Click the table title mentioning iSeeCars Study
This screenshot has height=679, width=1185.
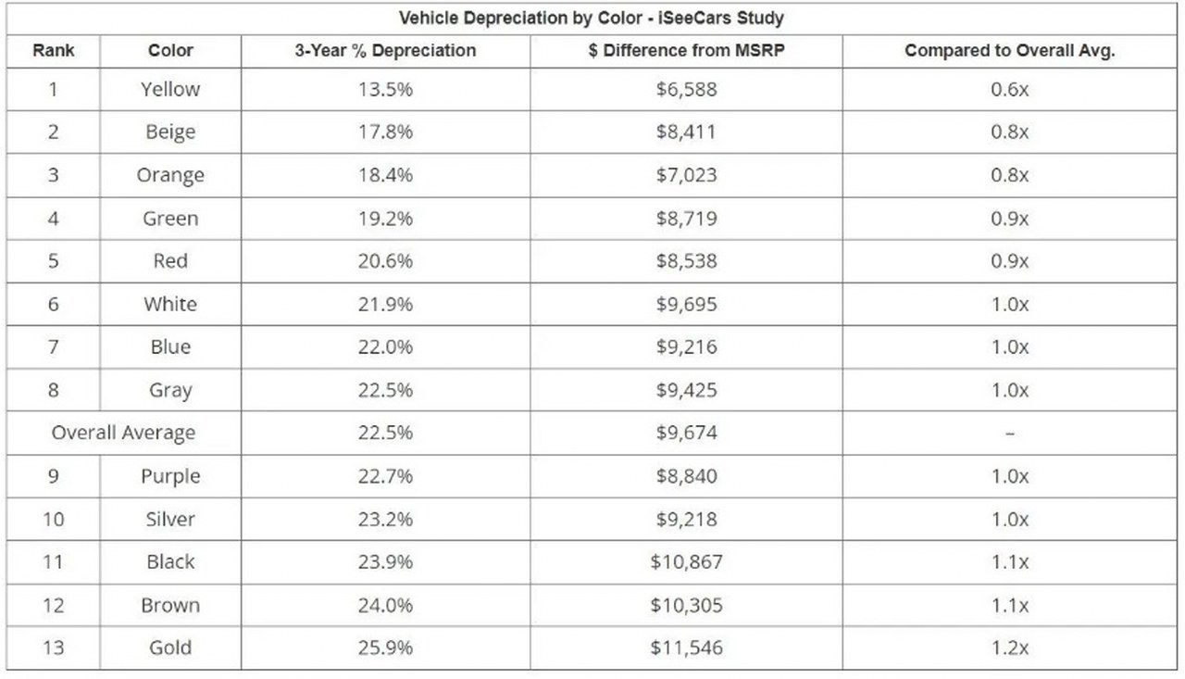[591, 18]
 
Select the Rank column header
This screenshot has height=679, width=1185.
[54, 51]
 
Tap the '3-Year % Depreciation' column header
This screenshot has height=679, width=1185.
[385, 51]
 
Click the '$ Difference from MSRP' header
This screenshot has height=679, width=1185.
[686, 51]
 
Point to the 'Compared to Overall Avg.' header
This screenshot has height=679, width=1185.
[1009, 51]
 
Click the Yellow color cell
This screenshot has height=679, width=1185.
[170, 90]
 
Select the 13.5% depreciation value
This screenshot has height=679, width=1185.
[385, 90]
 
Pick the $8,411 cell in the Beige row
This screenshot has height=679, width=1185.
[686, 132]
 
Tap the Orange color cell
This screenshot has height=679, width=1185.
[170, 175]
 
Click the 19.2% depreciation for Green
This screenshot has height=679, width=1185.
[385, 219]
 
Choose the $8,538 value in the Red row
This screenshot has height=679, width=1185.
[686, 261]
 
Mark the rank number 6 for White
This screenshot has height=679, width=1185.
[54, 305]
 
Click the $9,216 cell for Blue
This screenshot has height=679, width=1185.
[686, 347]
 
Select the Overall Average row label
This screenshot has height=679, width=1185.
[123, 433]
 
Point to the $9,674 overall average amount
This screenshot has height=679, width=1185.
[686, 433]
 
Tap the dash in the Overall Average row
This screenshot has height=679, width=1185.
[1009, 434]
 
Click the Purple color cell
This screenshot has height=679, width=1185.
[170, 476]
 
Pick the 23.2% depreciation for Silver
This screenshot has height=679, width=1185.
[385, 519]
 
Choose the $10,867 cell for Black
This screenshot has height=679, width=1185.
[686, 562]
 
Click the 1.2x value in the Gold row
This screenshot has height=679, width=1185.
[1009, 648]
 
